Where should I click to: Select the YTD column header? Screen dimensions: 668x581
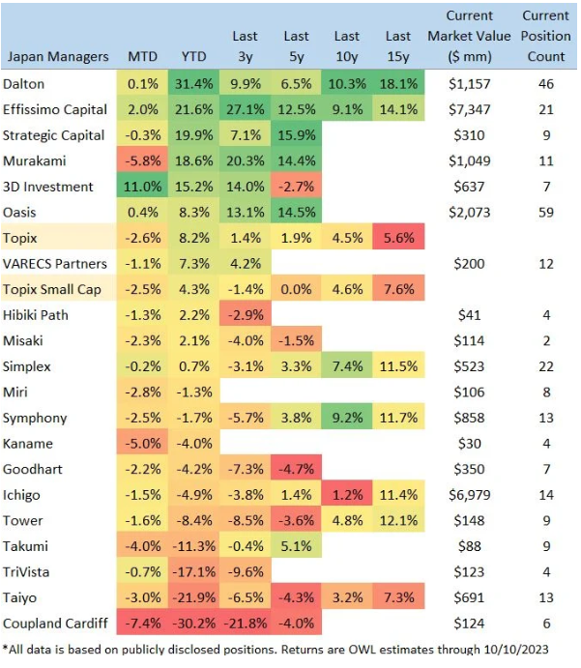pos(194,56)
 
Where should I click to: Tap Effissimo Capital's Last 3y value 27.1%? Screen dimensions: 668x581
pos(246,109)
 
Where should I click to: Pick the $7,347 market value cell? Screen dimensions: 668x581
pos(470,109)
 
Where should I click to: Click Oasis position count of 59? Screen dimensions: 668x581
pos(545,212)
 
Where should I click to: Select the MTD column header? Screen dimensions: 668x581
pos(143,56)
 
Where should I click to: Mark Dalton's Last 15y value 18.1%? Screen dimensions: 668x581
pos(398,83)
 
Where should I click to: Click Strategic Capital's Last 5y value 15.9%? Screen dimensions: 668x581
pos(297,134)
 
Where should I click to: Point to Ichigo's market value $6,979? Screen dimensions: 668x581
pos(470,495)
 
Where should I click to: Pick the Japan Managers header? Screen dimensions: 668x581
pos(58,56)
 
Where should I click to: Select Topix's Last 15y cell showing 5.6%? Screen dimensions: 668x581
pos(398,238)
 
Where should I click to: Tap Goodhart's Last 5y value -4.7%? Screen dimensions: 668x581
pos(297,469)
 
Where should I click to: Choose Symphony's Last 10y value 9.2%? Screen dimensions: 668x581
pos(347,418)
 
